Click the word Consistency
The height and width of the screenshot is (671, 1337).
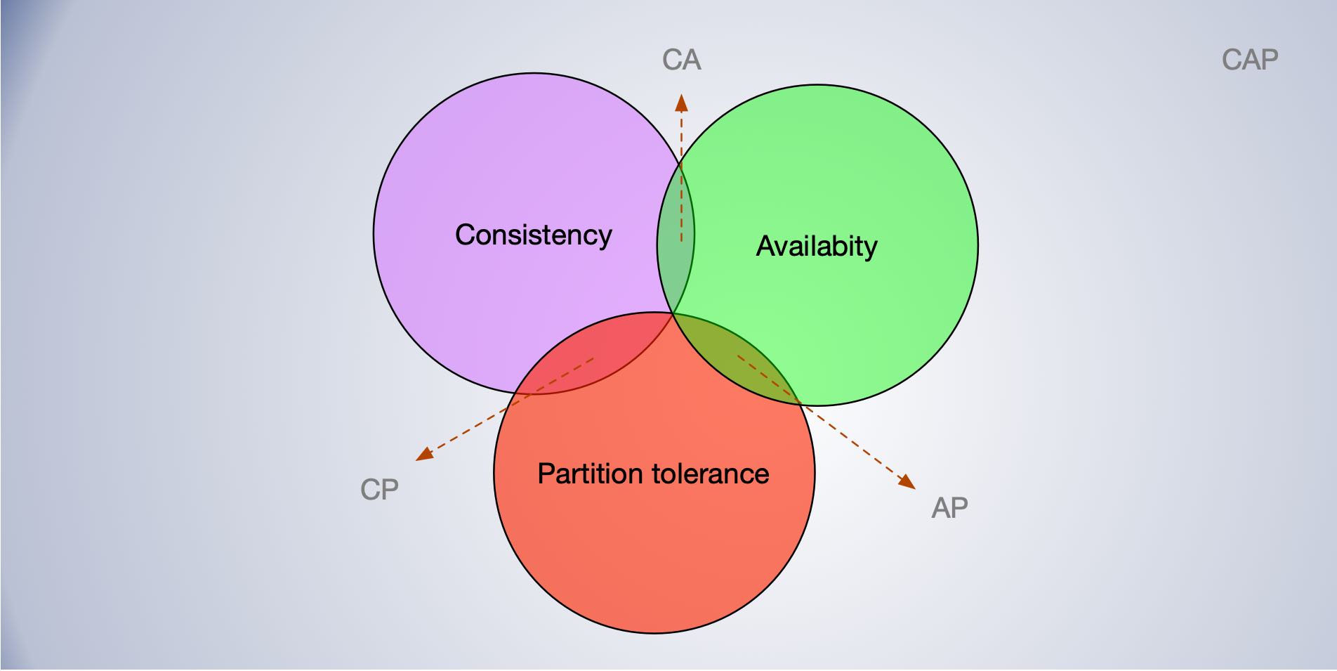tap(533, 235)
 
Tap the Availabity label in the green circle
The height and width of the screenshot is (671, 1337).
tap(816, 247)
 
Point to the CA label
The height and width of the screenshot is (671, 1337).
tap(681, 60)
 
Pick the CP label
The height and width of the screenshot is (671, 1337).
tap(379, 490)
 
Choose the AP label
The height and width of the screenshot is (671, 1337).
tap(949, 507)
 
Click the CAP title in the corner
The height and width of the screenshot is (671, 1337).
tap(1250, 60)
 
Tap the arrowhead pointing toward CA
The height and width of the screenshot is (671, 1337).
tap(681, 103)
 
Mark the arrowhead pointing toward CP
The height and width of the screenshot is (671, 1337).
tap(424, 455)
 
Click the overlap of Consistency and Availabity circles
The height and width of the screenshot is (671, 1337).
tap(676, 239)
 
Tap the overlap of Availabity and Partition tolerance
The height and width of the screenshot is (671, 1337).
tap(737, 351)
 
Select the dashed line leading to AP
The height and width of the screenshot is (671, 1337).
tap(843, 434)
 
